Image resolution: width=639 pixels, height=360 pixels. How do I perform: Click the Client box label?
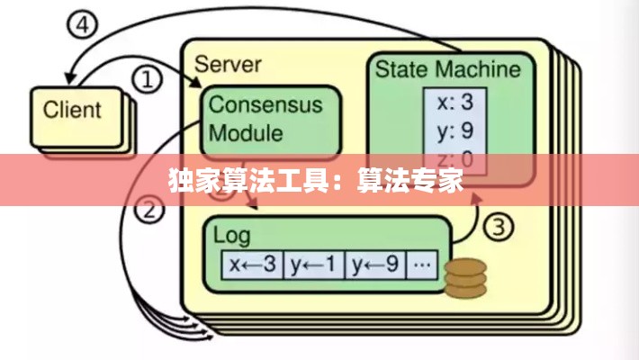point(73,111)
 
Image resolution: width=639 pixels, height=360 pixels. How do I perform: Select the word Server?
point(228,64)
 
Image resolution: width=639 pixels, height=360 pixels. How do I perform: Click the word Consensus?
point(265,103)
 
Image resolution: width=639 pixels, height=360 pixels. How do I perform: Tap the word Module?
point(246,133)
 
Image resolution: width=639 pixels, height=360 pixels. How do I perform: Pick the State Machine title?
point(447,69)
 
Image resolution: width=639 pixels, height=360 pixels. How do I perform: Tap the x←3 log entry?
point(253,265)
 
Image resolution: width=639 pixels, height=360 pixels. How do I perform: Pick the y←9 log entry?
point(376,265)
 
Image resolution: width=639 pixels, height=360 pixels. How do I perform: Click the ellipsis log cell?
point(424,265)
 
